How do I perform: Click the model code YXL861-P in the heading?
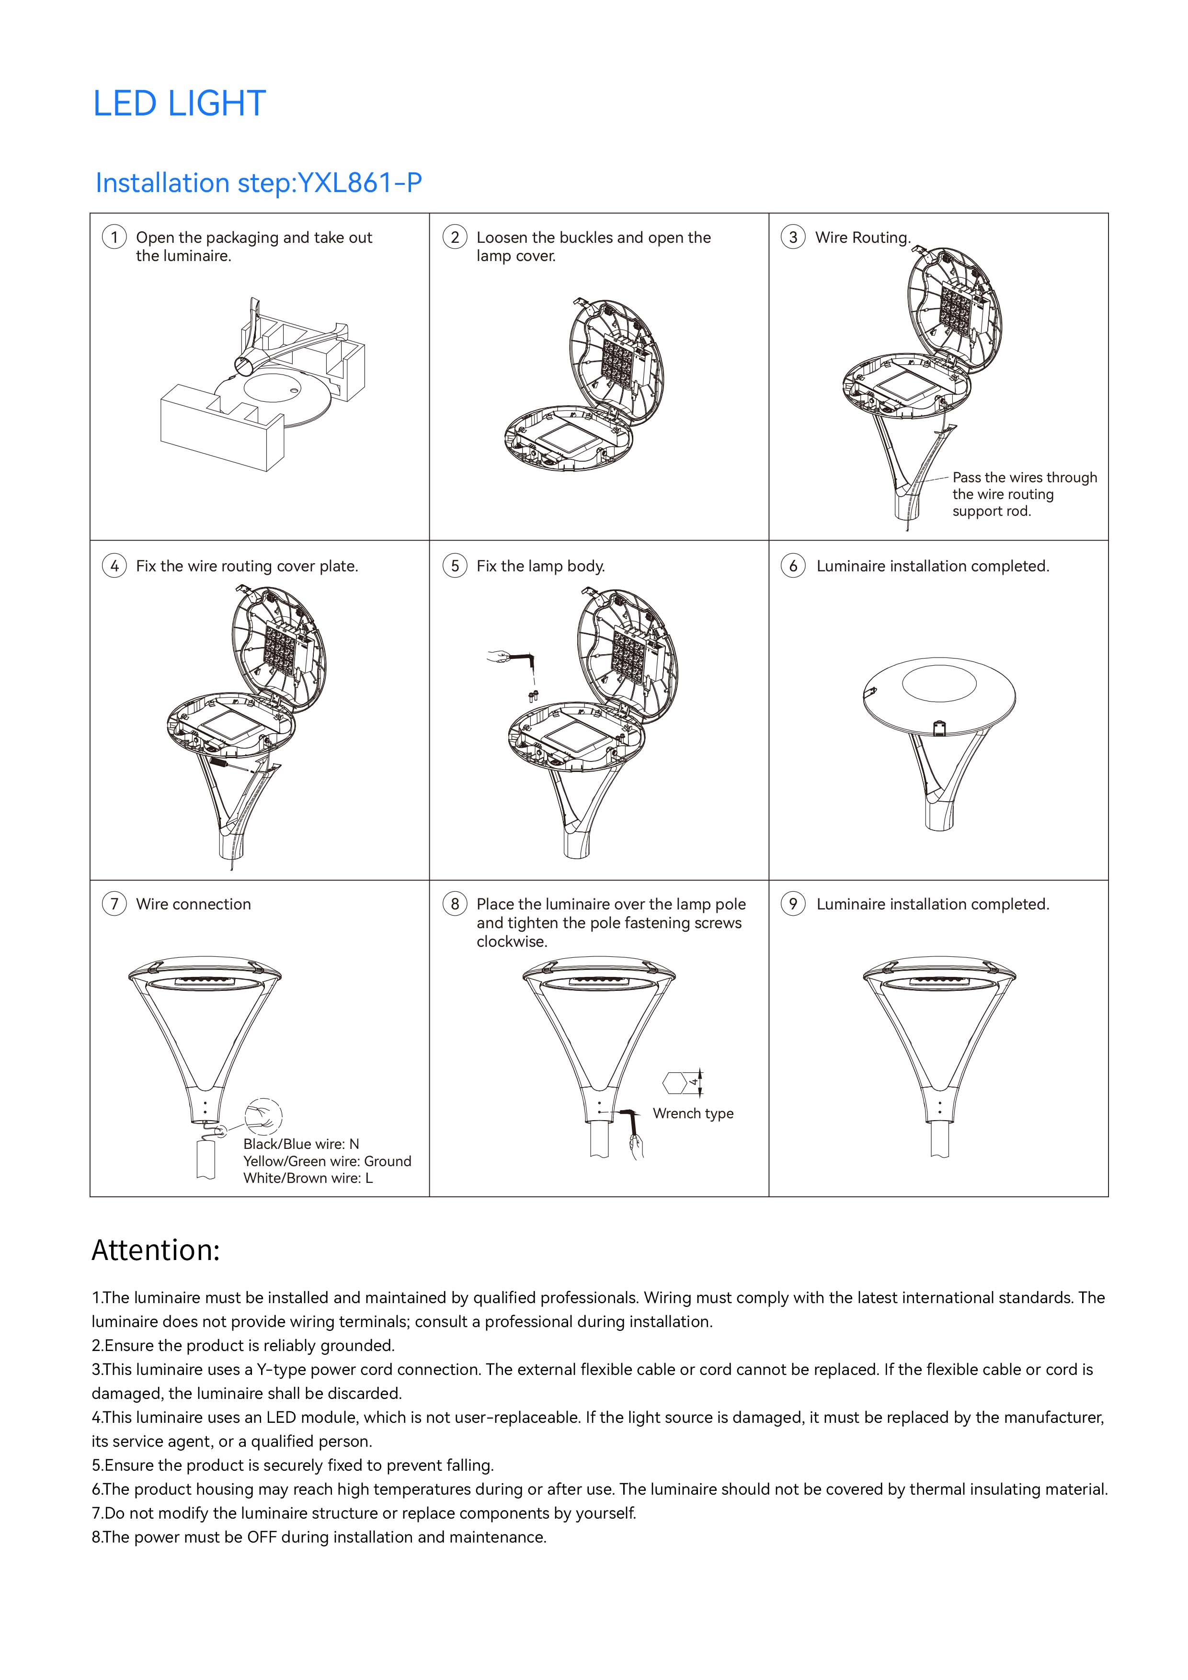[359, 183]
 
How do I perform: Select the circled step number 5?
[455, 566]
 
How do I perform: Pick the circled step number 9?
[793, 904]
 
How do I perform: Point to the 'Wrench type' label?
[693, 1113]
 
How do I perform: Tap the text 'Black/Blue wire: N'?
[301, 1144]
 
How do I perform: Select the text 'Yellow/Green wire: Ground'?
[327, 1161]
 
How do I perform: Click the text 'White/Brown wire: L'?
[308, 1178]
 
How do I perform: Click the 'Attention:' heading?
[155, 1250]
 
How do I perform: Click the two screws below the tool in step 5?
[533, 694]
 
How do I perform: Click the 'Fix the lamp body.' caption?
[540, 566]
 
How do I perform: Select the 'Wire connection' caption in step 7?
[193, 904]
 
